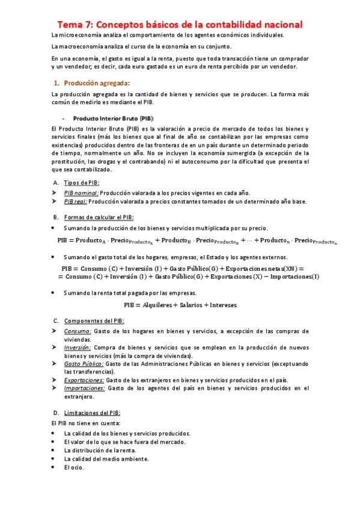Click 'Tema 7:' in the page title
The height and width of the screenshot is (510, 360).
pyautogui.click(x=75, y=25)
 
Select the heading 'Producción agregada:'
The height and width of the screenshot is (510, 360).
pyautogui.click(x=96, y=82)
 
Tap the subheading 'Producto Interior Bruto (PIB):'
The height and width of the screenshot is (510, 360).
pyautogui.click(x=112, y=118)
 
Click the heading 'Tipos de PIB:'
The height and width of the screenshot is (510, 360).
pyautogui.click(x=82, y=182)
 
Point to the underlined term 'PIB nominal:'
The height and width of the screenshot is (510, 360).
pyautogui.click(x=82, y=192)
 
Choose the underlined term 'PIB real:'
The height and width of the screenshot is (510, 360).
pyautogui.click(x=76, y=201)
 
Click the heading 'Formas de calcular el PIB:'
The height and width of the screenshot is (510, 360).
pyautogui.click(x=99, y=217)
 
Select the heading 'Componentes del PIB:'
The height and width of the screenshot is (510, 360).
pyautogui.click(x=94, y=321)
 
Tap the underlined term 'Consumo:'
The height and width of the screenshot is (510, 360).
pyautogui.click(x=78, y=331)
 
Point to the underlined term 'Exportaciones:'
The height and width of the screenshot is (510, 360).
pyautogui.click(x=84, y=379)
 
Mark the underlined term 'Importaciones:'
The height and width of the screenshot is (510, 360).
pyautogui.click(x=84, y=388)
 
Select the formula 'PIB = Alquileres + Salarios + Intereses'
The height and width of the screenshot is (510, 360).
pyautogui.click(x=180, y=305)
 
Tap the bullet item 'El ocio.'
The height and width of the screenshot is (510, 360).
pyautogui.click(x=74, y=467)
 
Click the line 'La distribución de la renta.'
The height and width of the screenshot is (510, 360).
pyautogui.click(x=99, y=450)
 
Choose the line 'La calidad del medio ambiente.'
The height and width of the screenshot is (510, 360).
pyautogui.click(x=106, y=458)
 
